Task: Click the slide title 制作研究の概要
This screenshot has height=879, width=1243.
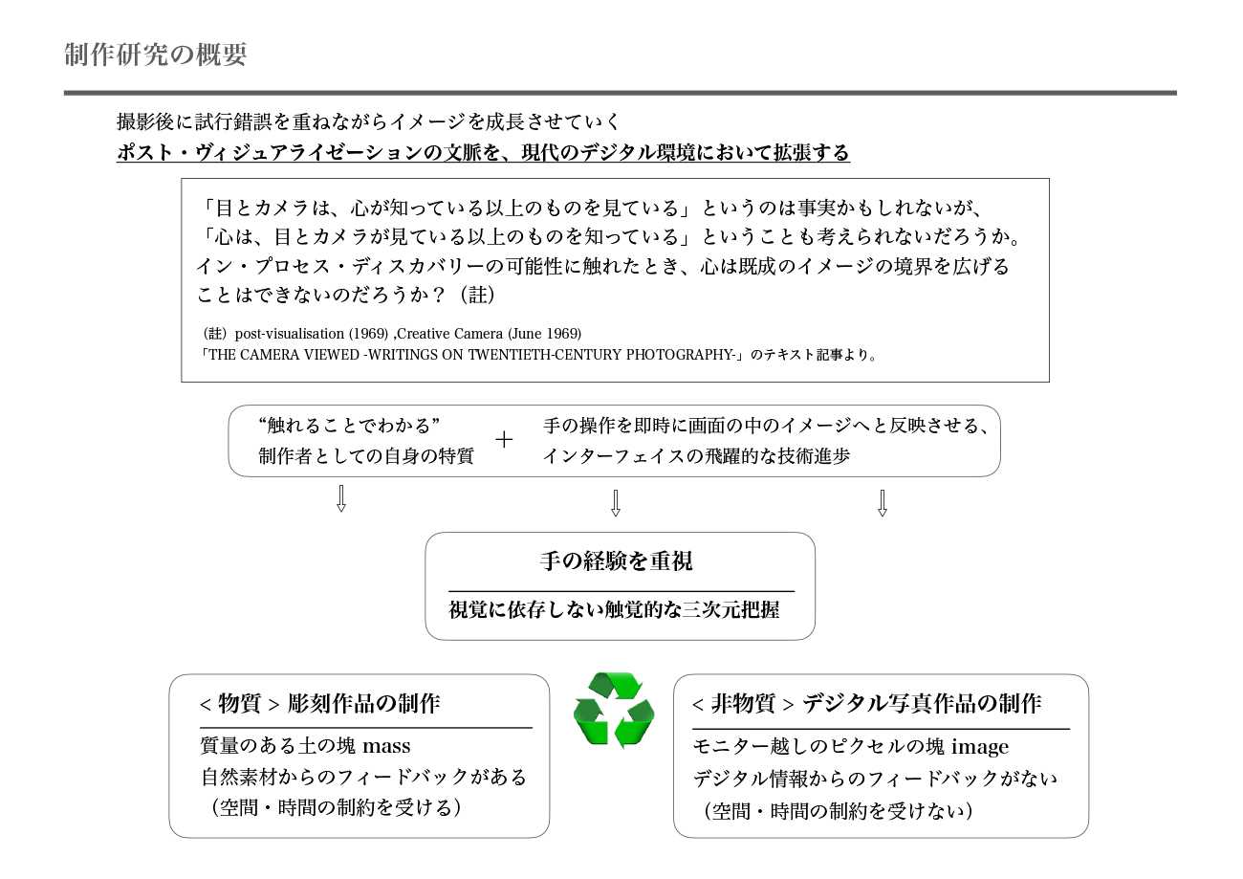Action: pyautogui.click(x=156, y=55)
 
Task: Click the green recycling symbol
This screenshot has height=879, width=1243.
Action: pyautogui.click(x=614, y=710)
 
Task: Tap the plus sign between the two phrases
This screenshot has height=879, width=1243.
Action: pyautogui.click(x=504, y=440)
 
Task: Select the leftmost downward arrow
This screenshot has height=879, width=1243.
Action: pyautogui.click(x=340, y=498)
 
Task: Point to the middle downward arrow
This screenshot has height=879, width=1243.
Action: pyautogui.click(x=615, y=503)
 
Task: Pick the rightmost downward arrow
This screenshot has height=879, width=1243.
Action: pyautogui.click(x=882, y=503)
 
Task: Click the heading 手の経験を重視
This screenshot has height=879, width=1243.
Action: pyautogui.click(x=616, y=561)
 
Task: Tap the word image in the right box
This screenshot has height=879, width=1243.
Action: pyautogui.click(x=978, y=746)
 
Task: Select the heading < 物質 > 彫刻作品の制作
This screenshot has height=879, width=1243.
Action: pyautogui.click(x=319, y=704)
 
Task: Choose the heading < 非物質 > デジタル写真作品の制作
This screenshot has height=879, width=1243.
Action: pyautogui.click(x=866, y=704)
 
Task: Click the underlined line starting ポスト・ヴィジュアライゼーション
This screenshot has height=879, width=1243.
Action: pyautogui.click(x=483, y=153)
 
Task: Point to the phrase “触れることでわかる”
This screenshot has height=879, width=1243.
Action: pyautogui.click(x=348, y=425)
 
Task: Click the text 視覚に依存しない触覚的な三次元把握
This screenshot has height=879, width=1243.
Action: pyautogui.click(x=614, y=609)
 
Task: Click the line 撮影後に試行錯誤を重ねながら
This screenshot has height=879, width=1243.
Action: pyautogui.click(x=368, y=121)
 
